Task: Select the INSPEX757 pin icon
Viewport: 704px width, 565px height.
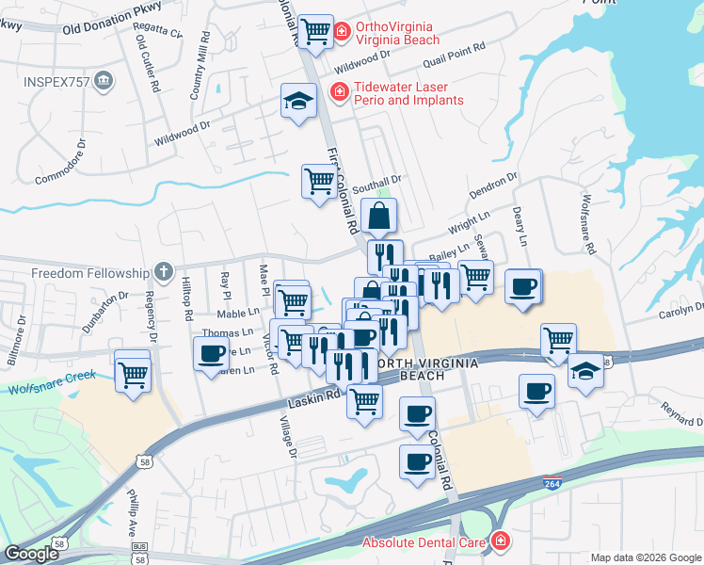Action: (104, 82)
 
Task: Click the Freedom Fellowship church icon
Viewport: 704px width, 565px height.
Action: (163, 273)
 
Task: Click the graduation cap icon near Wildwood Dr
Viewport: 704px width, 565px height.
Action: (298, 101)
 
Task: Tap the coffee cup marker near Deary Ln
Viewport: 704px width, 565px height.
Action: (523, 287)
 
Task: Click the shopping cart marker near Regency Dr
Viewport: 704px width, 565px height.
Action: (133, 374)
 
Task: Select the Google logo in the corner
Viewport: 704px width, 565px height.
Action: (31, 555)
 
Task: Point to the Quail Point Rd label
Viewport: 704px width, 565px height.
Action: (455, 52)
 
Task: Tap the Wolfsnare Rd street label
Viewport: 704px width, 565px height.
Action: (587, 225)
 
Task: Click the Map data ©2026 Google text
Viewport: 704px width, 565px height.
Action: (646, 557)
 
